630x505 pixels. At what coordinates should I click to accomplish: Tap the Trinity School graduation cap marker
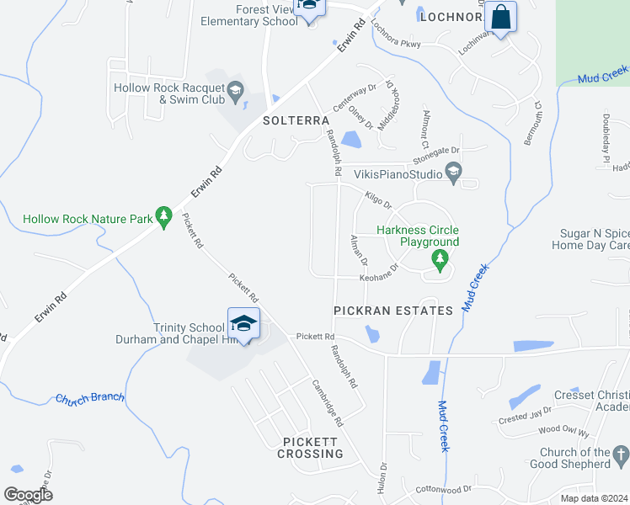(243, 324)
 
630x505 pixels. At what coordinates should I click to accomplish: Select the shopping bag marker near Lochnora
(500, 19)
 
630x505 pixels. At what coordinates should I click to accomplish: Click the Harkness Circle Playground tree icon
(439, 258)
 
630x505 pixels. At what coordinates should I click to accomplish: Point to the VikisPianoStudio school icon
(454, 174)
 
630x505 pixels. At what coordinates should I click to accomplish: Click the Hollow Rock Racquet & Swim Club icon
(236, 92)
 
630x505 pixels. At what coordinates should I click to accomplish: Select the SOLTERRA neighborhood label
(296, 120)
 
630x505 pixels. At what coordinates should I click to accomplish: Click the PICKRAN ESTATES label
(393, 311)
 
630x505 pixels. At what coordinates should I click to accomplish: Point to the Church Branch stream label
(90, 398)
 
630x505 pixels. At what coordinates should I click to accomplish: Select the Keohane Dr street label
(378, 277)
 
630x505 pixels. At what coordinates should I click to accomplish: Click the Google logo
(28, 495)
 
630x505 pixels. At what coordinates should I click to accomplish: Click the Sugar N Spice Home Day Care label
(595, 239)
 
